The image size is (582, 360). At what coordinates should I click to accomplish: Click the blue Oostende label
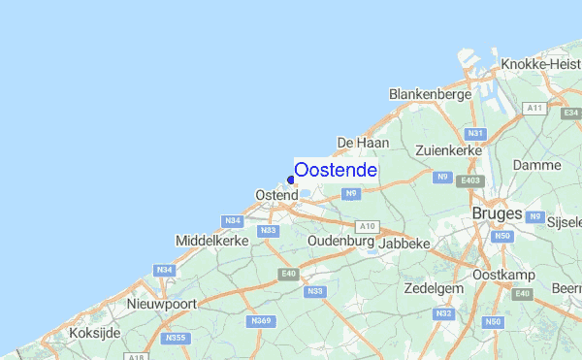click(336, 170)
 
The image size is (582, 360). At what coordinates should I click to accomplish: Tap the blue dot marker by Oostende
click(291, 180)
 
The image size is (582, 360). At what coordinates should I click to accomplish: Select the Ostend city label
click(276, 195)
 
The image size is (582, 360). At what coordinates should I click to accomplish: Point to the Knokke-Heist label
click(540, 64)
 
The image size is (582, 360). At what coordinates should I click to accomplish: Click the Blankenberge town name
click(430, 94)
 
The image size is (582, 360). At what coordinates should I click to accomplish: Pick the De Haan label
click(363, 143)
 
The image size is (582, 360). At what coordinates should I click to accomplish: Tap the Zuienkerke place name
click(448, 151)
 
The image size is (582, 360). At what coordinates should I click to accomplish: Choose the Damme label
click(537, 166)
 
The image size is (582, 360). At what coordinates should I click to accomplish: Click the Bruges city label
click(497, 213)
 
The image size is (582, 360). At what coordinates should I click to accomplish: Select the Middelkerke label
click(212, 240)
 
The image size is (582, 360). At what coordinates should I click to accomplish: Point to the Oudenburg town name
click(340, 241)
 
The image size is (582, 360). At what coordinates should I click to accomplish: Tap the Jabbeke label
click(404, 244)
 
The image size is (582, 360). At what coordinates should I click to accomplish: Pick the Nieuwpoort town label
click(162, 304)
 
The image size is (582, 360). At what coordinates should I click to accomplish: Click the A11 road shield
click(533, 108)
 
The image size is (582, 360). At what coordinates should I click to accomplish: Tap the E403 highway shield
click(471, 180)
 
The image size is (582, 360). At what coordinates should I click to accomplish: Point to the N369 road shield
click(260, 320)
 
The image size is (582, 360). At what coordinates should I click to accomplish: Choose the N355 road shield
click(176, 338)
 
